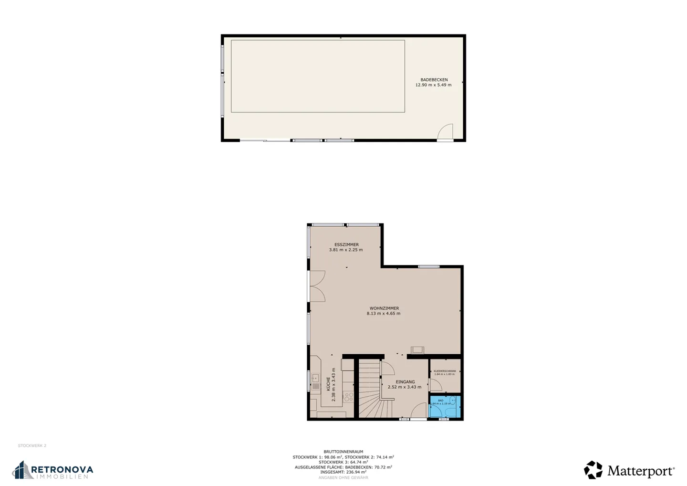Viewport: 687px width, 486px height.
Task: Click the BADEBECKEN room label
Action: (x=434, y=80)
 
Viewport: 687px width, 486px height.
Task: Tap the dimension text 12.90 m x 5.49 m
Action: (x=433, y=85)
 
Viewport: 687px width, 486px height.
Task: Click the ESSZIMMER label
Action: (x=346, y=244)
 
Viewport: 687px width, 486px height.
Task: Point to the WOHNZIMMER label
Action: (x=384, y=308)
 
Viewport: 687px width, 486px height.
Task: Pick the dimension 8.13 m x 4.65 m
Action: (x=384, y=314)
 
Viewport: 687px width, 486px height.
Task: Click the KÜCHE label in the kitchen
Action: (x=328, y=384)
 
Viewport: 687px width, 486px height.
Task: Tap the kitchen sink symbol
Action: (x=315, y=378)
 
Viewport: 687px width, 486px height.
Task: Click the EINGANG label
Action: (x=405, y=382)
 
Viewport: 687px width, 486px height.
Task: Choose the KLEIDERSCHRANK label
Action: (x=445, y=371)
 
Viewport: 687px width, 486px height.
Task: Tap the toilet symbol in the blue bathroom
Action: (x=453, y=400)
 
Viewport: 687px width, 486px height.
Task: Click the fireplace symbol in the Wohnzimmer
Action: (x=416, y=349)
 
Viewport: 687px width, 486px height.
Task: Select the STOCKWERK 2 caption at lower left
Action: (x=32, y=446)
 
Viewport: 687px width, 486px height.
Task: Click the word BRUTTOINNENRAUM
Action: (x=343, y=452)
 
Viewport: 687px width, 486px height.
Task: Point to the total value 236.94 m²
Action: (x=355, y=472)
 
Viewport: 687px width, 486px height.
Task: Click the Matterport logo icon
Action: (x=593, y=470)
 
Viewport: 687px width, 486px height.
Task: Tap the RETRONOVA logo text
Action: (x=62, y=470)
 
